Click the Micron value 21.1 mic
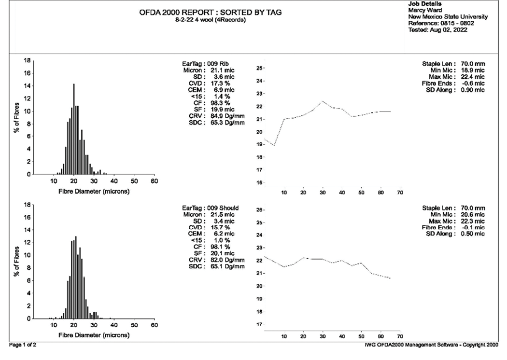223,70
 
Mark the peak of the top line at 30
323,101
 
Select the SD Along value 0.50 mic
470,234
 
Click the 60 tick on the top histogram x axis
154,181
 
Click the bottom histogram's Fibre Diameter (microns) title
94,335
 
